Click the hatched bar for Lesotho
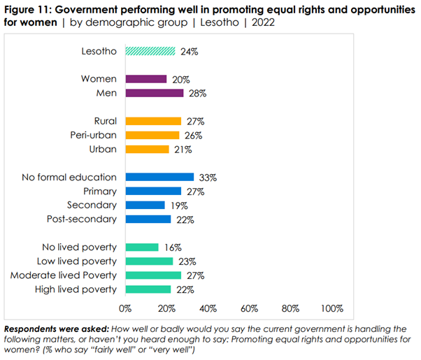pyautogui.click(x=150, y=50)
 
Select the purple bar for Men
pyautogui.click(x=154, y=93)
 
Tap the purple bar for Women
pyautogui.click(x=145, y=79)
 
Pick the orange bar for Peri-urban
pyautogui.click(x=152, y=135)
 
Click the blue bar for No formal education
pyautogui.click(x=159, y=177)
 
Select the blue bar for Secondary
pyautogui.click(x=145, y=205)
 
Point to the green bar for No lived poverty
pyautogui.click(x=142, y=247)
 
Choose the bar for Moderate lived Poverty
pyautogui.click(x=153, y=275)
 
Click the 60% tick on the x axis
pyautogui.click(x=249, y=308)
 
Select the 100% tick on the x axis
pyautogui.click(x=331, y=308)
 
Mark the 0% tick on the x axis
pyautogui.click(x=126, y=308)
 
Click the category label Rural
pyautogui.click(x=106, y=121)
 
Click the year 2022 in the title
pyautogui.click(x=260, y=22)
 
